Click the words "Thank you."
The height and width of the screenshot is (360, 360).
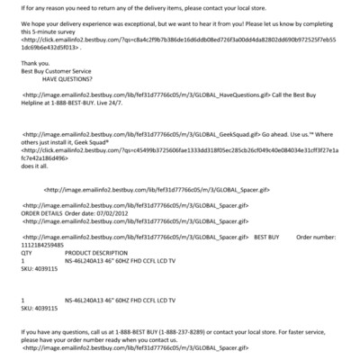click(x=35, y=63)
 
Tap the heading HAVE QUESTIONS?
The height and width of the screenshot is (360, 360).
click(x=69, y=79)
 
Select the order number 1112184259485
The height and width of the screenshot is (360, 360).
click(x=42, y=244)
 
